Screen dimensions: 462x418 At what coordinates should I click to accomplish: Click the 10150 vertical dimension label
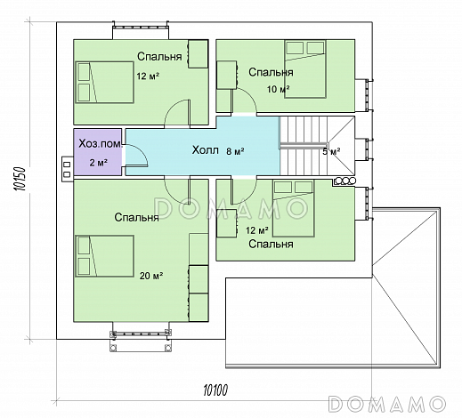point(20,179)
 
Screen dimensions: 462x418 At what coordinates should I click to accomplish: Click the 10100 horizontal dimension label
point(215,390)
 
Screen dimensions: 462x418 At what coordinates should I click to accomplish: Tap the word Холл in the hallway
point(206,150)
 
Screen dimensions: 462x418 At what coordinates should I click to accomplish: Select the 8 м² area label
point(235,151)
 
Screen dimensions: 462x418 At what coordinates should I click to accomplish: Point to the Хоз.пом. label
point(101,144)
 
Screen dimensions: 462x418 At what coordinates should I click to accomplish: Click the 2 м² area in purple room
point(98,162)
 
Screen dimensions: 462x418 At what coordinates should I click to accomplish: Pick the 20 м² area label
point(151,276)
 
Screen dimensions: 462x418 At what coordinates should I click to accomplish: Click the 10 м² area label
point(278,89)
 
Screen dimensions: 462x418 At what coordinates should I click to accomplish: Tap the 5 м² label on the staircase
point(331,152)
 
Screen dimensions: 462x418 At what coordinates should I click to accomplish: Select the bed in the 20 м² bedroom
point(104,256)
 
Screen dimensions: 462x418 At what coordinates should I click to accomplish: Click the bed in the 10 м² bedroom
point(305,69)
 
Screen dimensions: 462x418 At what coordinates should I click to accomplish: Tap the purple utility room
point(98,152)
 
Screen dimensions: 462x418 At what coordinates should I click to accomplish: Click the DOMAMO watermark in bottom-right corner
point(387,404)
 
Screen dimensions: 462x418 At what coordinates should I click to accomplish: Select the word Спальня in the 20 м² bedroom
point(137,217)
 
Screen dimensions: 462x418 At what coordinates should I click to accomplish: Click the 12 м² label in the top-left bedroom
point(148,76)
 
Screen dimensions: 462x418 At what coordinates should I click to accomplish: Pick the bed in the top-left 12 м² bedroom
point(104,82)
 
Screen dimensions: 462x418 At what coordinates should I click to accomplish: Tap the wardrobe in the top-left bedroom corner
point(198,54)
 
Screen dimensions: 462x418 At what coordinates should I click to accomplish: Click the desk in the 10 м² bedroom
point(227,75)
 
